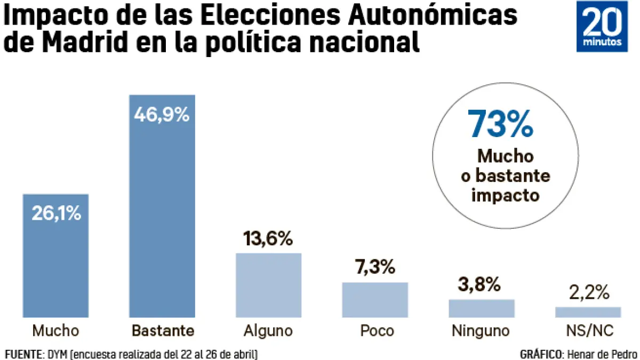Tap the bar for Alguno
[269, 285]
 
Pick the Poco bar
[375, 300]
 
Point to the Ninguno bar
[482, 308]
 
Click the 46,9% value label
[162, 115]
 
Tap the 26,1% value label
[55, 213]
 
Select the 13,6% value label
[268, 239]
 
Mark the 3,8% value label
[479, 285]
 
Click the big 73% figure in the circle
[500, 124]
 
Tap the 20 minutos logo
[602, 29]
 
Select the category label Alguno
[268, 331]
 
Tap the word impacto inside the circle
[506, 195]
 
